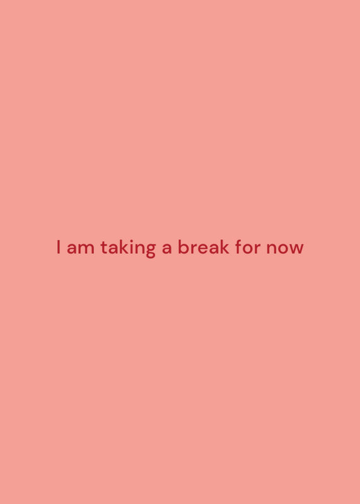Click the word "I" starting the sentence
pyautogui.click(x=58, y=247)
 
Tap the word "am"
pyautogui.click(x=81, y=249)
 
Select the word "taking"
pyautogui.click(x=128, y=248)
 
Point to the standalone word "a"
pyautogui.click(x=166, y=249)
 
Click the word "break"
pyautogui.click(x=204, y=247)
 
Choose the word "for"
pyautogui.click(x=248, y=247)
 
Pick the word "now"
pyautogui.click(x=285, y=249)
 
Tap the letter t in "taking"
pyautogui.click(x=104, y=248)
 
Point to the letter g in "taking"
pyautogui.click(x=150, y=251)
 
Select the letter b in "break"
pyautogui.click(x=183, y=247)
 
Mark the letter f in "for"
pyautogui.click(x=239, y=247)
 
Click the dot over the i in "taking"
pyautogui.click(x=132, y=241)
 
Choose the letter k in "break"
pyautogui.click(x=225, y=247)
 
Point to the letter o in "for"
pyautogui.click(x=248, y=249)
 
